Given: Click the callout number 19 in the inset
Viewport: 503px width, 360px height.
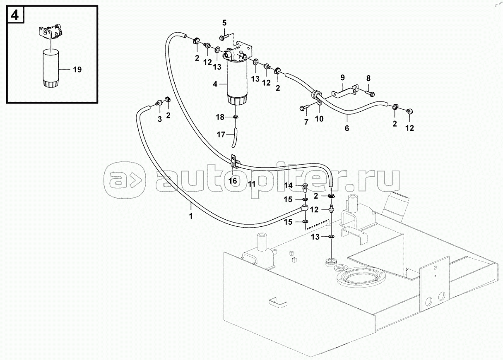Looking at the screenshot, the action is click(77, 70).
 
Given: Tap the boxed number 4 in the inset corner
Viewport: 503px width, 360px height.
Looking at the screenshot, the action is click(15, 15).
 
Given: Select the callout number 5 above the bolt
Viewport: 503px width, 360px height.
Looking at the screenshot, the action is click(224, 23).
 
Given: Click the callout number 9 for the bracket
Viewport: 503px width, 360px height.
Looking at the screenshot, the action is click(342, 78).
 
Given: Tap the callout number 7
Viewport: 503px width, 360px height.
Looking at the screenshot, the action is click(306, 122).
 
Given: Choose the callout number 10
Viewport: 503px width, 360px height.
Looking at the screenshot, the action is click(319, 119).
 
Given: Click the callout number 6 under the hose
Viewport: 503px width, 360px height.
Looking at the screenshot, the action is click(347, 128).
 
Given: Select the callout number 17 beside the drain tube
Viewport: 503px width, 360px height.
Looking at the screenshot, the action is click(221, 134).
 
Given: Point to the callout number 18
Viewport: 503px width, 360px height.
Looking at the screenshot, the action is click(220, 117).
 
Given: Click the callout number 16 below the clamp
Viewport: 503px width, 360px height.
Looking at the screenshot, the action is click(233, 181).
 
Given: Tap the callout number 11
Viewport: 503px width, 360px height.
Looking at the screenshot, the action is click(252, 184).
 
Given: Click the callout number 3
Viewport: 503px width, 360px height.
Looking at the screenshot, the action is click(160, 120).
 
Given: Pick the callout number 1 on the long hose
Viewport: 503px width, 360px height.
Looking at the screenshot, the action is click(191, 216).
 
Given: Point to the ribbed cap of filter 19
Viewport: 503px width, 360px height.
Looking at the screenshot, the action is click(51, 83).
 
